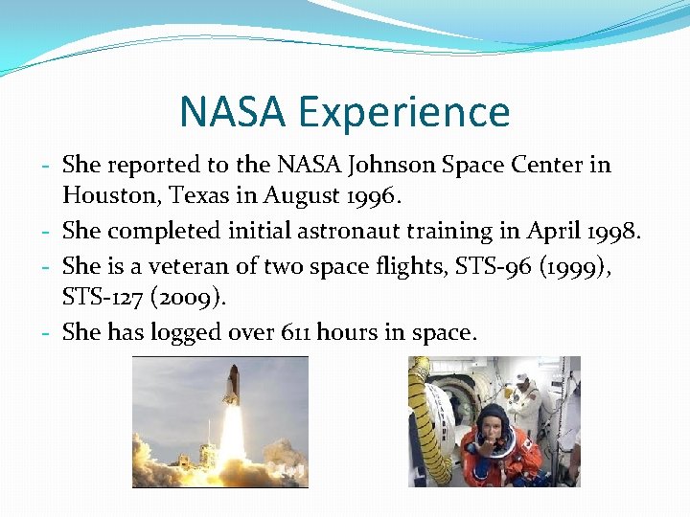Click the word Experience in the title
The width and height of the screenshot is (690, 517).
point(404,113)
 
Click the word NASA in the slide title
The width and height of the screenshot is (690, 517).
point(233,112)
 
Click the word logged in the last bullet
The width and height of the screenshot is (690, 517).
point(185,331)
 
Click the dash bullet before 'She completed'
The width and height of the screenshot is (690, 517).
point(47,232)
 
